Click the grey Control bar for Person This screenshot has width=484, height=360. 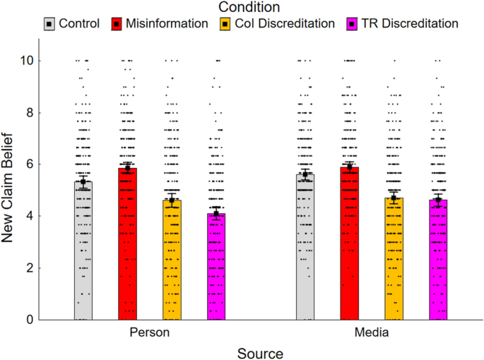click(x=83, y=251)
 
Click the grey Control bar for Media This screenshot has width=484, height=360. click(x=305, y=247)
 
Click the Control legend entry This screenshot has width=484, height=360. click(x=71, y=23)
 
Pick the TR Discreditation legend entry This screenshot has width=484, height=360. click(x=401, y=23)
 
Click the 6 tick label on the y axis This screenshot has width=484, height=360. click(x=29, y=164)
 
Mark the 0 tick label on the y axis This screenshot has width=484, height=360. click(x=29, y=320)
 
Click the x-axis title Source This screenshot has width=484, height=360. click(x=260, y=352)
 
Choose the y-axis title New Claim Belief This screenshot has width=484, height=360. click(x=8, y=188)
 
